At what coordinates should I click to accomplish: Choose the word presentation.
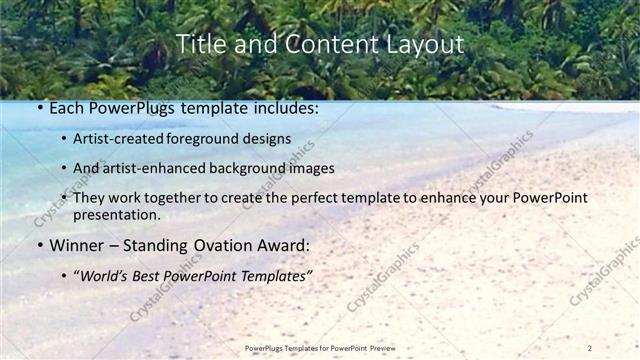116,215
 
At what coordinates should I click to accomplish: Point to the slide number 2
590,347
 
